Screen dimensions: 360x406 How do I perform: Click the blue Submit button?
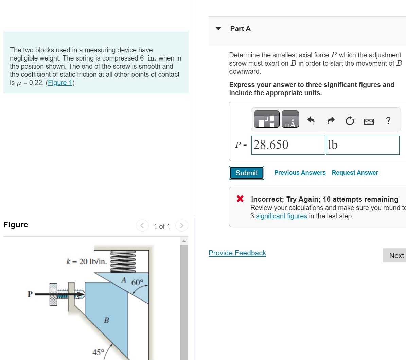pyautogui.click(x=247, y=173)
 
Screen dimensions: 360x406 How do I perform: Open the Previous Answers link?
pyautogui.click(x=300, y=173)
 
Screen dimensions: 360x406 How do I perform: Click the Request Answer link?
pyautogui.click(x=355, y=173)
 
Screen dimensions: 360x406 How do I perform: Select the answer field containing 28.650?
pyautogui.click(x=288, y=145)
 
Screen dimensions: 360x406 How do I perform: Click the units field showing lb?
pyautogui.click(x=362, y=145)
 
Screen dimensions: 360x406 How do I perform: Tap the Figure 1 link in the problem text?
pyautogui.click(x=60, y=83)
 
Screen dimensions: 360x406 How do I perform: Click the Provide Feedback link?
pyautogui.click(x=237, y=253)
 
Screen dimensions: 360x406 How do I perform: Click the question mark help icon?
pyautogui.click(x=388, y=120)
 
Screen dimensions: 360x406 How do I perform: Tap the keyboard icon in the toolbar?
pyautogui.click(x=369, y=121)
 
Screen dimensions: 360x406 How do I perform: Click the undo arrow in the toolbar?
pyautogui.click(x=311, y=120)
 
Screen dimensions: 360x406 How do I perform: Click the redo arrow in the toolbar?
pyautogui.click(x=331, y=120)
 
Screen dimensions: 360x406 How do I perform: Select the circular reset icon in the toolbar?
pyautogui.click(x=350, y=121)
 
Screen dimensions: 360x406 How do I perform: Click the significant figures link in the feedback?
pyautogui.click(x=281, y=216)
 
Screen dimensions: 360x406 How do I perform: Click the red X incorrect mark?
pyautogui.click(x=240, y=199)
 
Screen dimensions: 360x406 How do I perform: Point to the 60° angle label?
pyautogui.click(x=137, y=282)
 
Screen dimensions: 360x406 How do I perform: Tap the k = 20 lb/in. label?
pyautogui.click(x=86, y=261)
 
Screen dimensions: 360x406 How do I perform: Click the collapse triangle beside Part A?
pyautogui.click(x=218, y=29)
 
